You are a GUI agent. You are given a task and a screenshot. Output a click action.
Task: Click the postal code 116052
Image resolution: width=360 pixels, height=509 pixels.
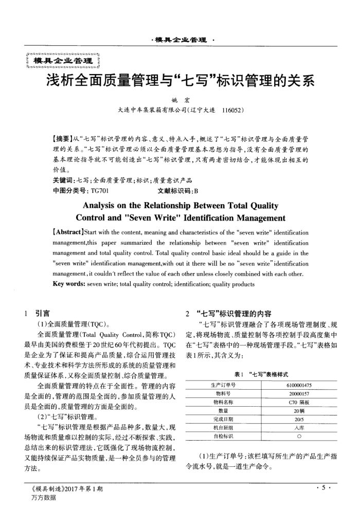coord(232,111)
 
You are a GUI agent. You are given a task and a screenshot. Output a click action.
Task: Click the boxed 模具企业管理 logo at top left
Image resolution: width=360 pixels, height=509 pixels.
coord(61,62)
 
